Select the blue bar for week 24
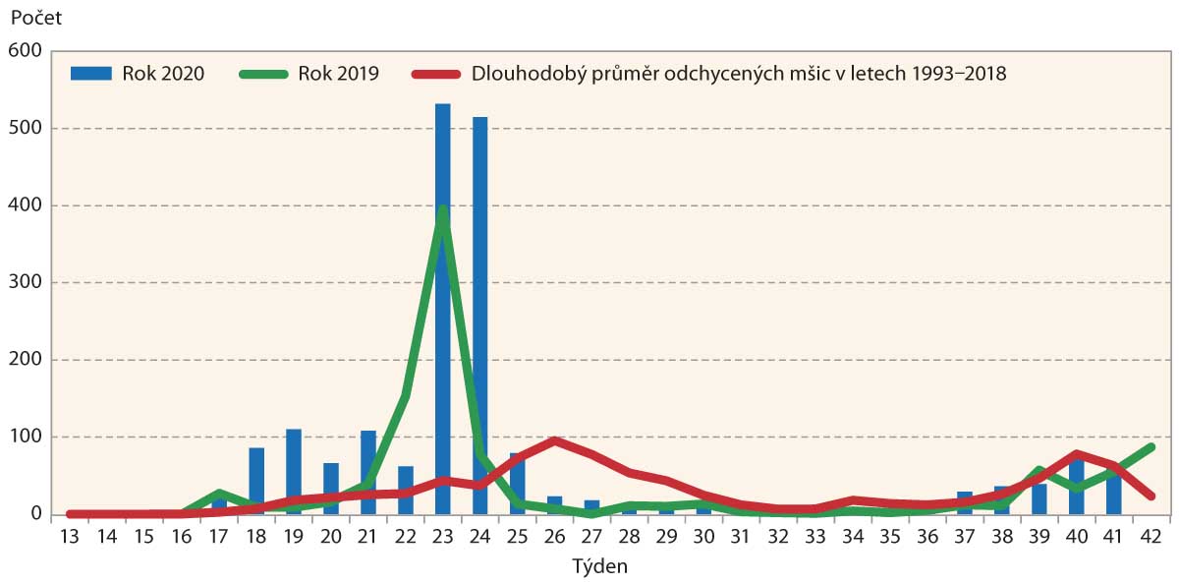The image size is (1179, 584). [x=479, y=315]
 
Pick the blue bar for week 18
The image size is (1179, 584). [x=256, y=481]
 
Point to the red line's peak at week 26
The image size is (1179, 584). [x=555, y=441]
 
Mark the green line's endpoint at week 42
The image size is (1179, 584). [x=1151, y=447]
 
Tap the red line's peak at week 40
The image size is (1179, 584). [x=1076, y=454]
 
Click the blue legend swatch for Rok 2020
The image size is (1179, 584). [x=92, y=74]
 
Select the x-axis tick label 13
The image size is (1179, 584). [x=70, y=537]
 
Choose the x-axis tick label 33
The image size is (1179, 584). [x=815, y=537]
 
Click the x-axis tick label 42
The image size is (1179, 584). [x=1151, y=537]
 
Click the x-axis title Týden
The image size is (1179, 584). [x=599, y=567]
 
